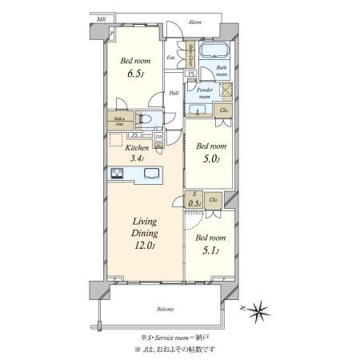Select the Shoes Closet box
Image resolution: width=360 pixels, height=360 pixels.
[x=191, y=55]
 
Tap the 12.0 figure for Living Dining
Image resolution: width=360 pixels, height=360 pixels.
[x=146, y=247]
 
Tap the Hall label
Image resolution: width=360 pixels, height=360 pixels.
[x=174, y=94]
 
